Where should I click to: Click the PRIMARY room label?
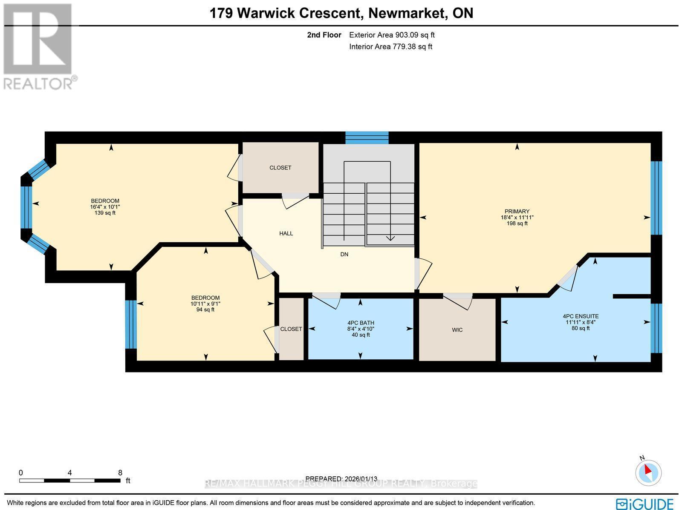[x=517, y=211]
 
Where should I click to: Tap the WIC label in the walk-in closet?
[x=457, y=330]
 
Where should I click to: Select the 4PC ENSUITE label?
[x=581, y=316]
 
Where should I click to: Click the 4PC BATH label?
[x=361, y=323]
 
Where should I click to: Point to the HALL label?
[x=286, y=233]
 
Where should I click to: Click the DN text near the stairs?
[x=344, y=254]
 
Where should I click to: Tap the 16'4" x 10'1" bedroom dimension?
[x=105, y=207]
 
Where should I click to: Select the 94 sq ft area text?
[x=205, y=309]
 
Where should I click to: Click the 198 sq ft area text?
[x=517, y=223]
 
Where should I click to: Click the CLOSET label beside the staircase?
[x=280, y=168]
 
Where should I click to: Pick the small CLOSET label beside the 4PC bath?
[x=291, y=329]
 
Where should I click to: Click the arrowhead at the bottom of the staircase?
[x=390, y=238]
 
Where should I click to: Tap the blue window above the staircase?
[x=367, y=138]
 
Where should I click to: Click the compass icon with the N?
[x=648, y=472]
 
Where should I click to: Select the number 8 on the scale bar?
[x=120, y=473]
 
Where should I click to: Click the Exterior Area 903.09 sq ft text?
[x=392, y=35]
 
